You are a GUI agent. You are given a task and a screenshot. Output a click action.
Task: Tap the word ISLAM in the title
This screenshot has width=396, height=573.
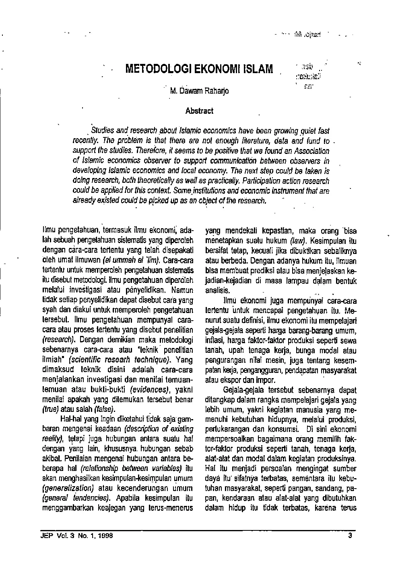(x=256, y=69)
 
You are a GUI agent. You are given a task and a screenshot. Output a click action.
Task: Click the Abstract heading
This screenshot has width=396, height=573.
(x=199, y=111)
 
